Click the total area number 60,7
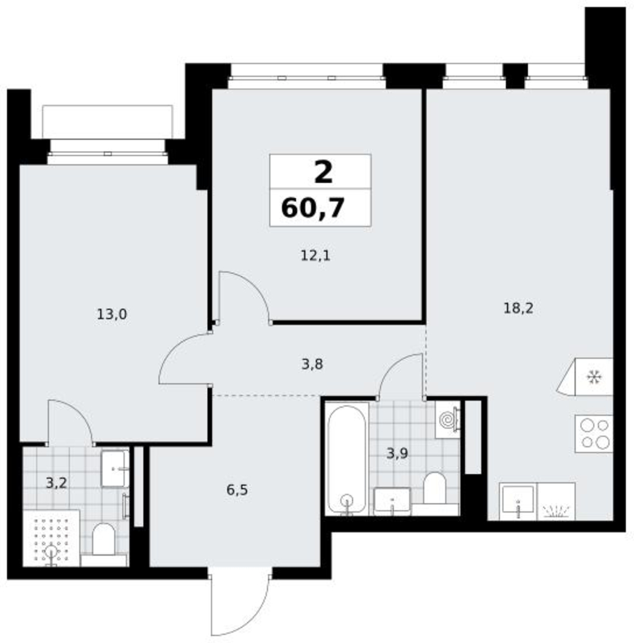(312, 208)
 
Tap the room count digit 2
(323, 172)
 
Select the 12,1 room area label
(315, 255)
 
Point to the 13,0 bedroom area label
(111, 314)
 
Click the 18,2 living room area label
(518, 307)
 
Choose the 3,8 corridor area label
(312, 364)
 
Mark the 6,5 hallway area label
(237, 489)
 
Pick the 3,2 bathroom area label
(56, 483)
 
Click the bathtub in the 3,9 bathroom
(347, 459)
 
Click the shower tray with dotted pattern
(51, 538)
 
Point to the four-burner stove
(593, 434)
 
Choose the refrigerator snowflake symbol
(593, 377)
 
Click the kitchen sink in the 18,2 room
(518, 502)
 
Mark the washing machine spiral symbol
(448, 419)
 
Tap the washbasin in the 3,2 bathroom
(115, 469)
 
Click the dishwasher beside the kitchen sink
(556, 502)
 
